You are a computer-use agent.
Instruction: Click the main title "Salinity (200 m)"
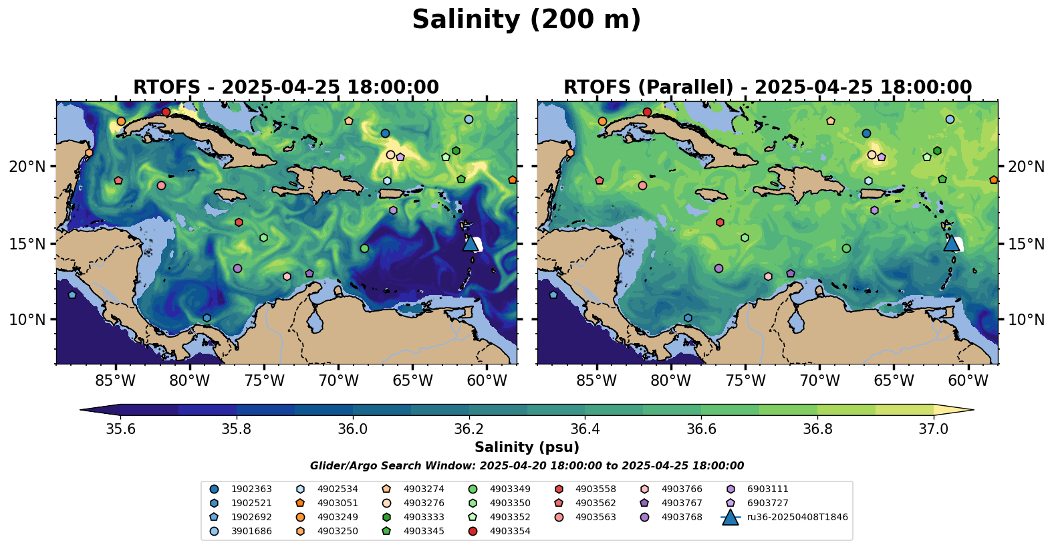coord(526,20)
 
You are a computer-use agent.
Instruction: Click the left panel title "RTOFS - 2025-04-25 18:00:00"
coord(286,88)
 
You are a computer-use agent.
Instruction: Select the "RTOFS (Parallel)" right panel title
coord(767,88)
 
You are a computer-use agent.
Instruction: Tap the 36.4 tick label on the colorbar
coord(585,429)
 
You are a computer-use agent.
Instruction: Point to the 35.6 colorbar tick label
coord(121,429)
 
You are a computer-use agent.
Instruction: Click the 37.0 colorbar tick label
coord(933,429)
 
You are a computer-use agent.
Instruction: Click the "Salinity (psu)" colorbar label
coord(527,447)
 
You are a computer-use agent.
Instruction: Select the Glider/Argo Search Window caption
coord(527,466)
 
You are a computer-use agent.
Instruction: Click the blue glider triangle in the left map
coord(470,243)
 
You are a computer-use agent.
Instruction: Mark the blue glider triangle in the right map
coord(951,243)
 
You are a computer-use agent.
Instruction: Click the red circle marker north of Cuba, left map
coord(166,112)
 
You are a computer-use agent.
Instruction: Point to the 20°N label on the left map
coord(27,167)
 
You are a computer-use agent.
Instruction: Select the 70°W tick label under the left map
coord(338,381)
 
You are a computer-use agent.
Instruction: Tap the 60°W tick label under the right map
coord(968,381)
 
